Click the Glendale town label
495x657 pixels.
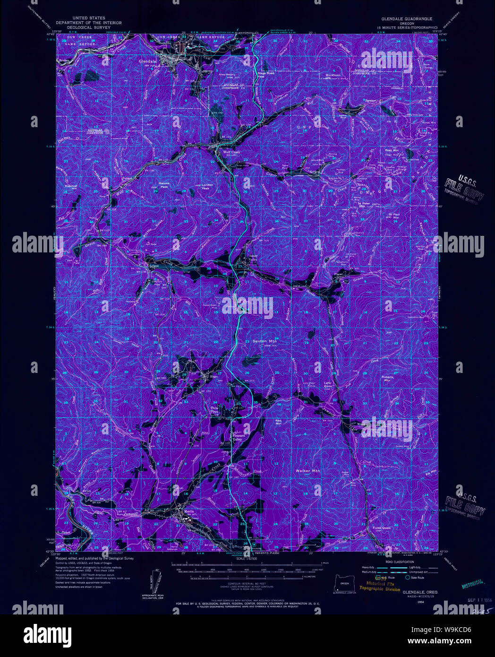[147, 61]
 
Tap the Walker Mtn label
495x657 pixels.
[307, 471]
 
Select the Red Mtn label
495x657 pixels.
[278, 421]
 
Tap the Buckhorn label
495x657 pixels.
[333, 75]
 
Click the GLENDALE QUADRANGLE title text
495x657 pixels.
[407, 19]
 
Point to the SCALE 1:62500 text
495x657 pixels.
[246, 559]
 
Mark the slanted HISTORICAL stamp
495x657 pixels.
[472, 584]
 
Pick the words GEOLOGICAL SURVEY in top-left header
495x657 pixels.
[89, 27]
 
